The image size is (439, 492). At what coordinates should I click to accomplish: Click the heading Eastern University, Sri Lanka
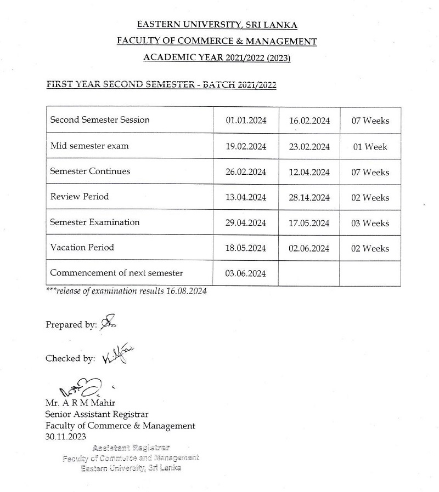(x=217, y=25)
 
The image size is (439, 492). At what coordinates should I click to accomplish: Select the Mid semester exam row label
(x=89, y=146)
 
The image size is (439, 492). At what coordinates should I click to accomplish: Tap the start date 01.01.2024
(x=246, y=121)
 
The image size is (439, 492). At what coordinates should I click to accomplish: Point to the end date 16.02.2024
(x=309, y=121)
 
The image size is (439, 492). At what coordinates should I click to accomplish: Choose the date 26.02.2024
(x=246, y=172)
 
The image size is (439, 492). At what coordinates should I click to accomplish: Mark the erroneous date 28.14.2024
(x=309, y=197)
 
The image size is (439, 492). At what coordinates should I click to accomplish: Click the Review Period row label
(x=80, y=197)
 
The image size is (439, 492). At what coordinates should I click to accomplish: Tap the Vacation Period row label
(x=82, y=248)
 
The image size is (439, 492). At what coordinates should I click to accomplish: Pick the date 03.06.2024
(x=246, y=273)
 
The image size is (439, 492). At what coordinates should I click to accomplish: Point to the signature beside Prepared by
(x=107, y=323)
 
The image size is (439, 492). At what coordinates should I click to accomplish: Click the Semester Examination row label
(x=94, y=222)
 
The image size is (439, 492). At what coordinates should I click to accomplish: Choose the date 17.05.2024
(x=309, y=223)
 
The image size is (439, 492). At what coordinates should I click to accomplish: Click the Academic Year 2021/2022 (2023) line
(x=217, y=58)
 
